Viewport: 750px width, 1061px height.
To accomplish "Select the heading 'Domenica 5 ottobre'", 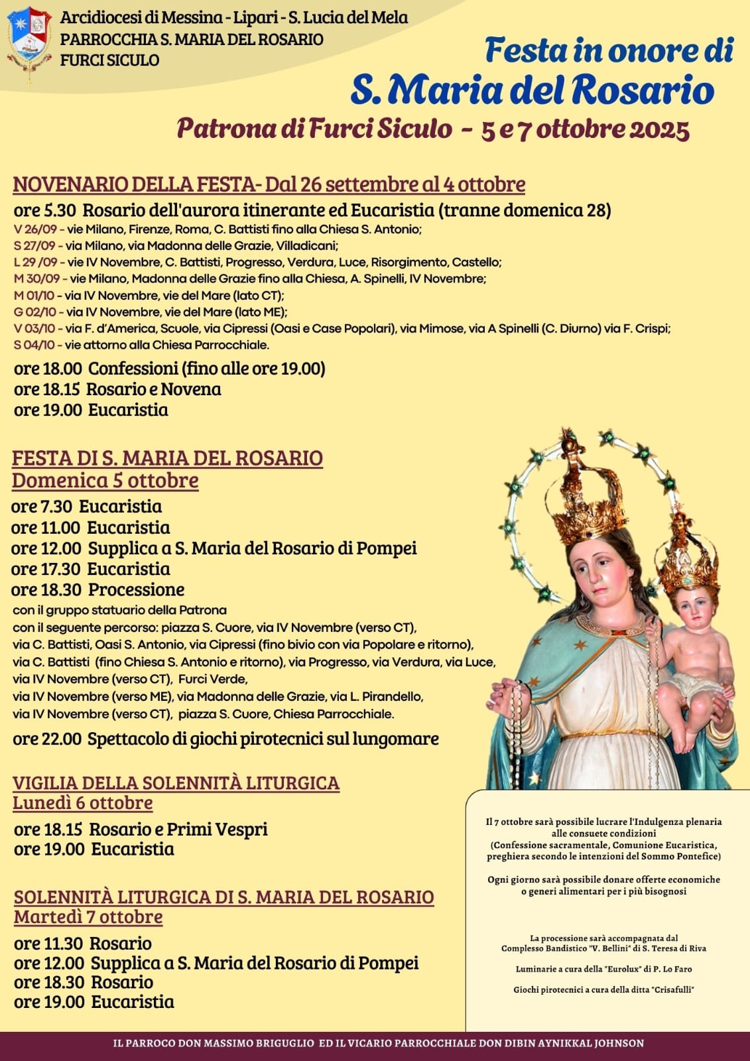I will (x=105, y=480).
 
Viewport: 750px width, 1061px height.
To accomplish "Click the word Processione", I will (x=137, y=590).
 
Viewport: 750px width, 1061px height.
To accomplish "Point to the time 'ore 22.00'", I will (x=47, y=739).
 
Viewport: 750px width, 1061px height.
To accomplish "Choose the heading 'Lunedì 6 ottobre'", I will (x=83, y=803).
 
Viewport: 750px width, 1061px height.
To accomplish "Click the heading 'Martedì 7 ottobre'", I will (x=88, y=917).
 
